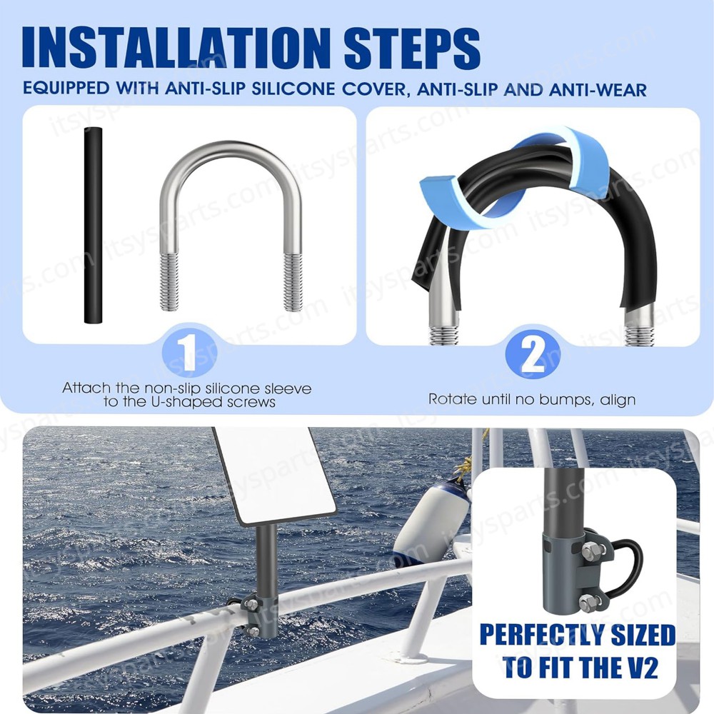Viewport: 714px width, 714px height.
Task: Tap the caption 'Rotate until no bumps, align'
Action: click(x=532, y=399)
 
